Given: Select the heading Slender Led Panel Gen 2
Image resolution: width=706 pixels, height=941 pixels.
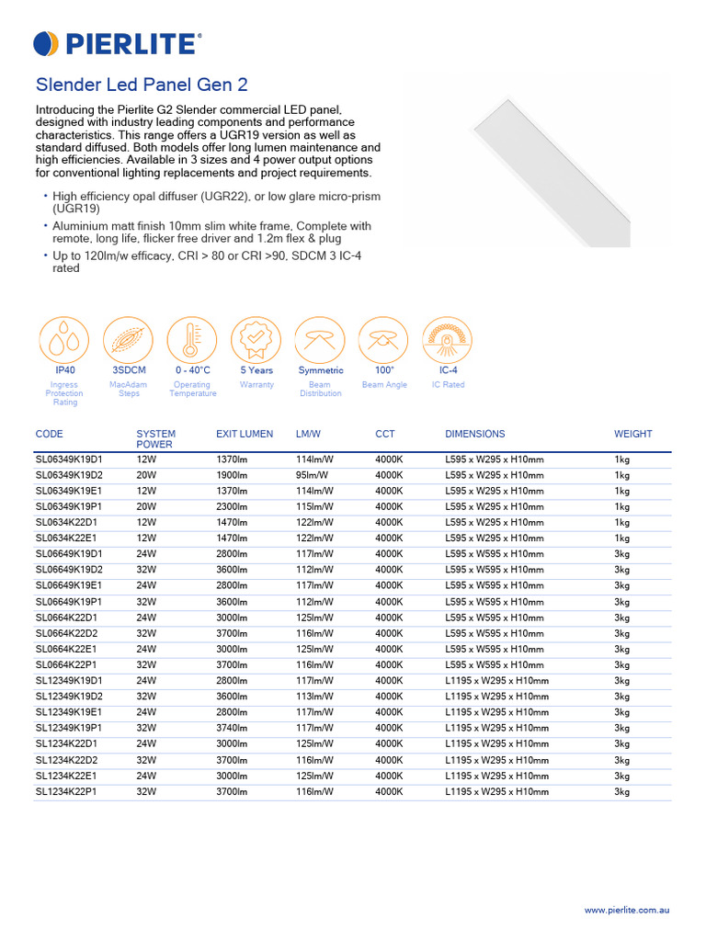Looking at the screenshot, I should [141, 85].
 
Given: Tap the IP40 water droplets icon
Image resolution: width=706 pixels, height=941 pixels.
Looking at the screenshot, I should [63, 340].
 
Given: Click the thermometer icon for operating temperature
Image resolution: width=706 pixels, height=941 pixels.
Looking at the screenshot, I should [192, 340].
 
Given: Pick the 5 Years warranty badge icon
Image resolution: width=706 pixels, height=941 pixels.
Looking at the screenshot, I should [256, 340].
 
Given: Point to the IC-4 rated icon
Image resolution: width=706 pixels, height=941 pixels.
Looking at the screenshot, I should [448, 340].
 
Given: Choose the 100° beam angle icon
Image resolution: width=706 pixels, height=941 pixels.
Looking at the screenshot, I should [383, 340].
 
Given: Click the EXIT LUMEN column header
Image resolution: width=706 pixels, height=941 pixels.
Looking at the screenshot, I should [244, 434].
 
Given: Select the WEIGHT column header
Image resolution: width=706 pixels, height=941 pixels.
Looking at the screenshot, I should [633, 434].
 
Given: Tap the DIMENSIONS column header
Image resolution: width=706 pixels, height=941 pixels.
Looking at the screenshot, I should [474, 434].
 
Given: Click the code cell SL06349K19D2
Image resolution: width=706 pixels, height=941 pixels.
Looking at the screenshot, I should [69, 475].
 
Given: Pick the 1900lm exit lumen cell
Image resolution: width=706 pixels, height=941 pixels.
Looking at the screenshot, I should [232, 475].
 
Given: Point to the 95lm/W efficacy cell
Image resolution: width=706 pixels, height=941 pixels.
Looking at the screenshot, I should [312, 475].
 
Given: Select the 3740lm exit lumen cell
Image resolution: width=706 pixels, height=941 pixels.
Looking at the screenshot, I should [232, 728].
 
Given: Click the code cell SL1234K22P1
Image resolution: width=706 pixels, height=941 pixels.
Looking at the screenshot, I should [66, 791].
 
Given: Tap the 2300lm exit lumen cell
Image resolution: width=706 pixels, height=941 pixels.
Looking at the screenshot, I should [232, 506].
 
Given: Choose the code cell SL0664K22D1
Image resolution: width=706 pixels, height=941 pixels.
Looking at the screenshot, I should [66, 618].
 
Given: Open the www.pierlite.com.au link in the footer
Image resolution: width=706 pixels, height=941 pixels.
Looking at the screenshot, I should [626, 910].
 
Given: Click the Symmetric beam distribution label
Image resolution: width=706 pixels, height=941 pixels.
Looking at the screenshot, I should [320, 370].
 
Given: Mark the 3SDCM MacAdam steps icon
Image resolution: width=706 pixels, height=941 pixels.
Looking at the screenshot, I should [128, 340].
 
